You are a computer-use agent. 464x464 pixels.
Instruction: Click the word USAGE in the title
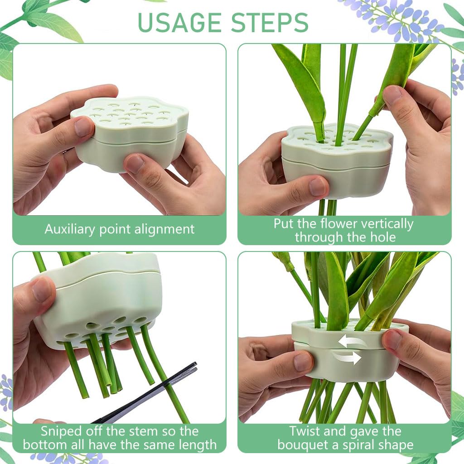(180, 22)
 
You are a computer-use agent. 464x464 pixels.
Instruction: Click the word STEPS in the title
(270, 22)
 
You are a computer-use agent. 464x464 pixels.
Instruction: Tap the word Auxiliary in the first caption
(70, 230)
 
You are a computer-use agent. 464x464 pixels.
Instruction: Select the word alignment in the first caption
(164, 229)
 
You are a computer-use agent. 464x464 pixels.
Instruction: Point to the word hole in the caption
(383, 237)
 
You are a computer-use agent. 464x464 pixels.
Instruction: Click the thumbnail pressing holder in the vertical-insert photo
(319, 187)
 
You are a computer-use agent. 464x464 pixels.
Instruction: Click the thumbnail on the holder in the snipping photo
(42, 290)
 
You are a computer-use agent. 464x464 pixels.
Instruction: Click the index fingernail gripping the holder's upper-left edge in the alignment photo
(84, 127)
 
